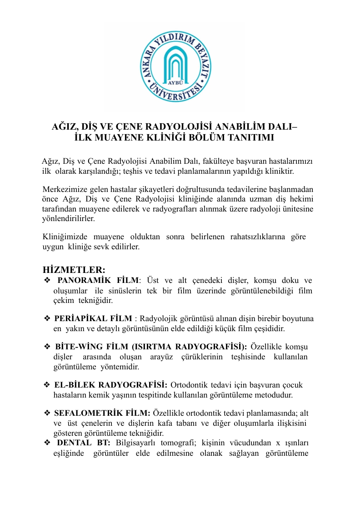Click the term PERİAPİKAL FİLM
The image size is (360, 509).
pyautogui.click(x=93, y=318)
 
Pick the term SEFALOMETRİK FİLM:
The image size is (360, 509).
pyautogui.click(x=102, y=413)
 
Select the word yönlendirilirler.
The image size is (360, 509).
pyautogui.click(x=69, y=218)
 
